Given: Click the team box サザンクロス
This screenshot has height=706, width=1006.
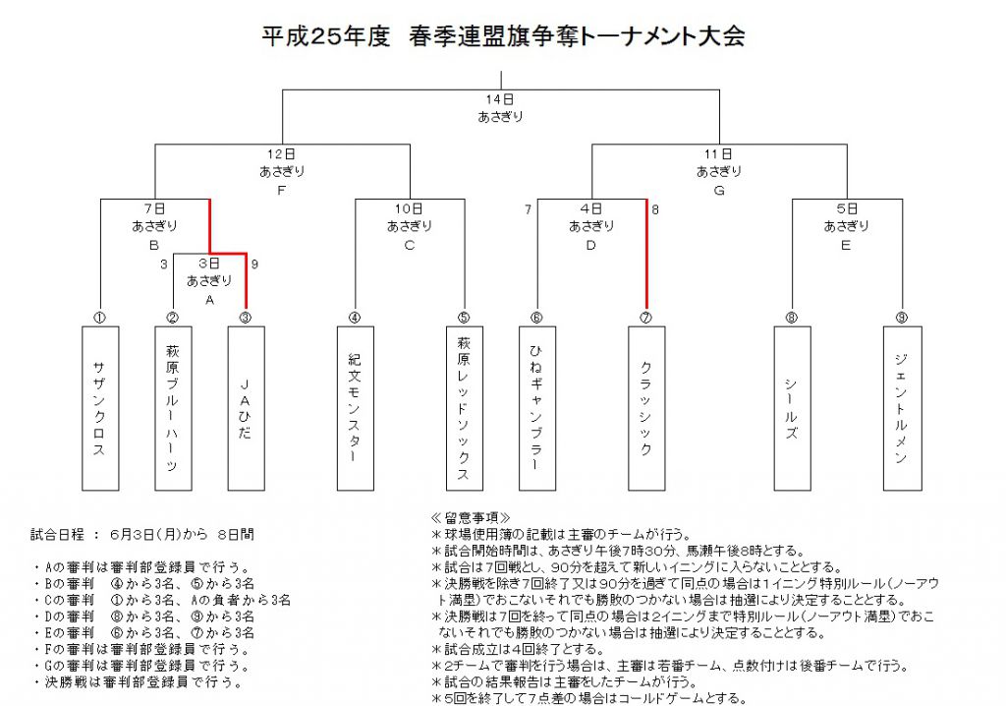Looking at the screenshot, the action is [100, 409].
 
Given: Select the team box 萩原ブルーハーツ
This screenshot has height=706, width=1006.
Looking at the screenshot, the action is [173, 409].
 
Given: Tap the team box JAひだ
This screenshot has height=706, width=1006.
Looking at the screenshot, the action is [247, 409].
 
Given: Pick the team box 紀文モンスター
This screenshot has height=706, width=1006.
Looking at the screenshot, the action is [356, 409].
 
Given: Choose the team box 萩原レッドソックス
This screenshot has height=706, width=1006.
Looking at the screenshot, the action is [465, 409].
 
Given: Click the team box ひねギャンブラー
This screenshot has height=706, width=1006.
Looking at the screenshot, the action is [537, 409].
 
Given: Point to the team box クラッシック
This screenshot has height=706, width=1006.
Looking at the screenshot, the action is [646, 409].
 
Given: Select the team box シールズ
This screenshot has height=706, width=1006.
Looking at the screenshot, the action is [793, 409].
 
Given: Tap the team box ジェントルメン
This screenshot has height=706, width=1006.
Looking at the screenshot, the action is [903, 409].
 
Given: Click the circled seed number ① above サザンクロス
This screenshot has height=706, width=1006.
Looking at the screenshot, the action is [100, 318].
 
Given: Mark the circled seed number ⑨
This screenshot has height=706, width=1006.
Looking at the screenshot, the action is [902, 318].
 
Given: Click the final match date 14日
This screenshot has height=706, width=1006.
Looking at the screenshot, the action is [500, 99].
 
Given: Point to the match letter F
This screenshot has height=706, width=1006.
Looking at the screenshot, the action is [282, 191].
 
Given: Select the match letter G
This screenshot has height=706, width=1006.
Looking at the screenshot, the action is [719, 191].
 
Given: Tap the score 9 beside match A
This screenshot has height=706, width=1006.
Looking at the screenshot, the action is [254, 265].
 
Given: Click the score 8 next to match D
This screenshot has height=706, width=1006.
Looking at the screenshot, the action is [655, 209].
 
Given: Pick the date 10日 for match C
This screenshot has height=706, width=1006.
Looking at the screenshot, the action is [410, 208].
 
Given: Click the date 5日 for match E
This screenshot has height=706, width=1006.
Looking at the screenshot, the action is [847, 208].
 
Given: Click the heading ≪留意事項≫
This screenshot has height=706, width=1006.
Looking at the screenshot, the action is [471, 518].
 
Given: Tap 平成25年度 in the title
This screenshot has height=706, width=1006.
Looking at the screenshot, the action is [326, 36].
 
